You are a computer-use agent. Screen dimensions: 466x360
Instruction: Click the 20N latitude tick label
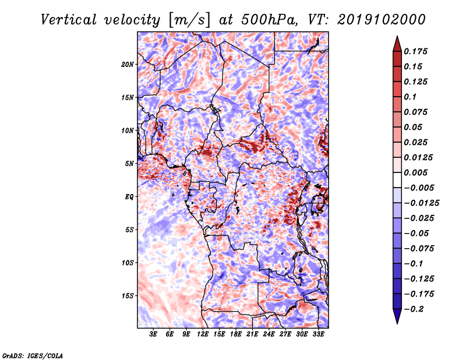pos(128,65)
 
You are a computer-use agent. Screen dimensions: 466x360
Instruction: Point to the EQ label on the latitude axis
pos(129,197)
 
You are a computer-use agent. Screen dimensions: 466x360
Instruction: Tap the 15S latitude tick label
pos(128,296)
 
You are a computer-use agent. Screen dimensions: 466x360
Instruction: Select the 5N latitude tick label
pos(129,164)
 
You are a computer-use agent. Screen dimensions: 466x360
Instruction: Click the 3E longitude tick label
pos(153,334)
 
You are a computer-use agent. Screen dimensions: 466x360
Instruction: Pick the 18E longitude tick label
pos(236,334)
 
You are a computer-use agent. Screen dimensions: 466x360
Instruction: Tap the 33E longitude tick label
pos(318,334)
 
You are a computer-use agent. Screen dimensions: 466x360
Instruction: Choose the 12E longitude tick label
pos(203,334)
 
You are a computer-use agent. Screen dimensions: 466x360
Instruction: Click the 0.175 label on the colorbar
pos(415,51)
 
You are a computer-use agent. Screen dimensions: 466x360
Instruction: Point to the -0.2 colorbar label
pos(414,309)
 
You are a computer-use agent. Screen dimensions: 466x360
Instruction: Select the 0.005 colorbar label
pos(415,172)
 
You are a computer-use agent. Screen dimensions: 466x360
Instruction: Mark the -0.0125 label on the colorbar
pos(421,203)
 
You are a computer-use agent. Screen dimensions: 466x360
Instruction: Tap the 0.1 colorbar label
pos(410,97)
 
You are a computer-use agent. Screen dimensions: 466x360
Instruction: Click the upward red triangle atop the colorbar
pos(397,44)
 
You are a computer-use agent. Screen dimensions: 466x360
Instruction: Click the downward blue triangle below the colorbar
pos(397,316)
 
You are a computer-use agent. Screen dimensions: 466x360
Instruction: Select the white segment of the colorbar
pos(397,180)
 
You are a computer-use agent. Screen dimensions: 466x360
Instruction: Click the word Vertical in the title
pos(69,20)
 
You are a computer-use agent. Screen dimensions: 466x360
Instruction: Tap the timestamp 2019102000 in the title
pos(382,20)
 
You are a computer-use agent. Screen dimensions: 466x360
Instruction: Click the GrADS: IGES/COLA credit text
pos(33,355)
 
